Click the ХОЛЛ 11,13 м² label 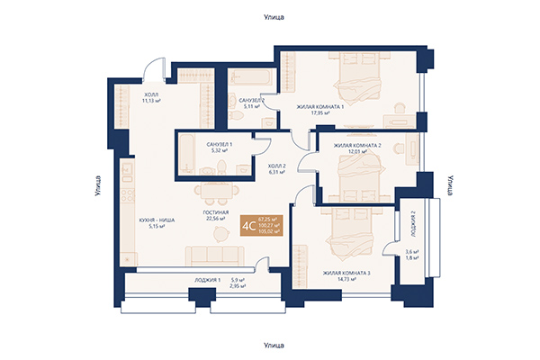(x=151, y=97)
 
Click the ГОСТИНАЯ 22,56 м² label (x=216, y=212)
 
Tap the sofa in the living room (x=214, y=254)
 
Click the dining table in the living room (x=216, y=192)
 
